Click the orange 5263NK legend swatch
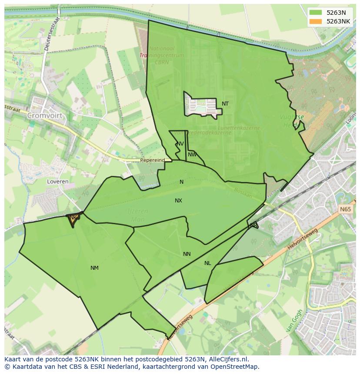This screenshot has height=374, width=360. point(316,21)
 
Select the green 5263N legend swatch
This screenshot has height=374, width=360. point(316,13)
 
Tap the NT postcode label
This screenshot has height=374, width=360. point(225,104)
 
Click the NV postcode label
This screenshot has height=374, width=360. point(180,144)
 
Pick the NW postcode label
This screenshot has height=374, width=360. point(192,155)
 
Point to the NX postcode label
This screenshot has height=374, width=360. point(178,201)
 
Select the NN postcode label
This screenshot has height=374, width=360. point(187,254)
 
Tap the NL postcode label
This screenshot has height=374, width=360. point(207,263)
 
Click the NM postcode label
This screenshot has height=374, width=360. point(94,268)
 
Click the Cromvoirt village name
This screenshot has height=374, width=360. point(44,116)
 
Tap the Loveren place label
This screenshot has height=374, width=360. point(58,182)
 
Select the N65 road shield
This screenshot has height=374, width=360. point(345,209)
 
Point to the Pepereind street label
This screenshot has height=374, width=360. point(152,160)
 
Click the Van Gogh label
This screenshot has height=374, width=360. point(294,321)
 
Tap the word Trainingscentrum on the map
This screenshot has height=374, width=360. point(161,56)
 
